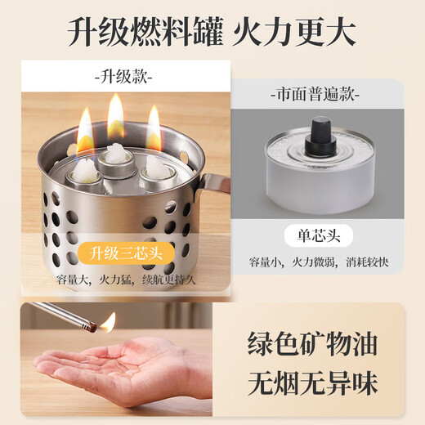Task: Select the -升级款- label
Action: pos(123,79)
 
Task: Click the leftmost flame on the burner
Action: pos(85,131)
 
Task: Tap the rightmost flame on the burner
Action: pos(154,129)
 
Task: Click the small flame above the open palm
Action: pos(108,322)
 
